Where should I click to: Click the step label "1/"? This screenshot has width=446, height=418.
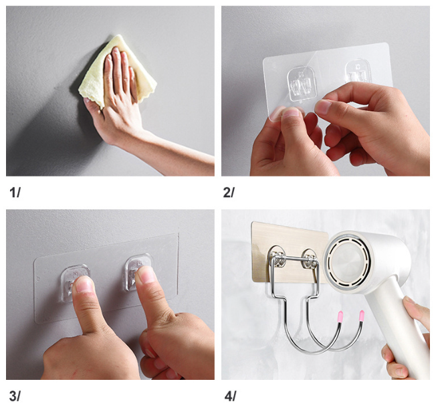click(x=15, y=193)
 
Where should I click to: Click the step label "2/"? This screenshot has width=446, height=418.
click(x=229, y=193)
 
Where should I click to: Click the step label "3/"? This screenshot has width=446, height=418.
click(x=15, y=396)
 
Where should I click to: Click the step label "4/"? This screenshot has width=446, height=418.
click(x=230, y=396)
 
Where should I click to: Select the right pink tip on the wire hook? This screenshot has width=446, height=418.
click(x=362, y=316)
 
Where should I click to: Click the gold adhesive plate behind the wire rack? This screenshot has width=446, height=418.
click(x=288, y=250)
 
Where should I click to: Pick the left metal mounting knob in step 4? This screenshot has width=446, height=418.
click(x=276, y=258)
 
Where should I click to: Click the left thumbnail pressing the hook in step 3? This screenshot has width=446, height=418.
click(x=84, y=284)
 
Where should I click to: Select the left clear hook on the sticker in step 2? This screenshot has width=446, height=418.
click(x=302, y=84)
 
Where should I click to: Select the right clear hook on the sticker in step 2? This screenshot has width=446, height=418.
click(x=358, y=72)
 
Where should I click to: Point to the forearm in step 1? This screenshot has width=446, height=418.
click(x=177, y=152)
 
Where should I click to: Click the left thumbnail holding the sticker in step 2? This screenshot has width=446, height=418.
click(x=290, y=113)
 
